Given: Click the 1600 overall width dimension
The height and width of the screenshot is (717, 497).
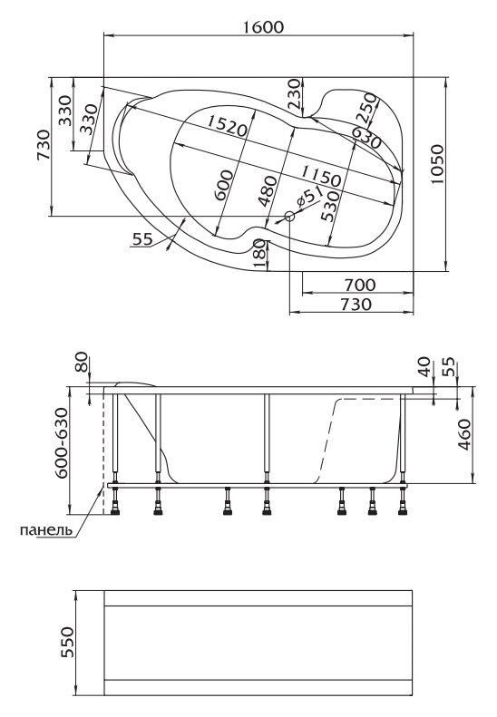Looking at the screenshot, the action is [263, 26].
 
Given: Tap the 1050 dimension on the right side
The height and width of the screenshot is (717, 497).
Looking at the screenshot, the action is [437, 164].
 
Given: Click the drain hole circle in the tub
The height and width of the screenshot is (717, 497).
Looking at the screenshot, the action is [289, 217].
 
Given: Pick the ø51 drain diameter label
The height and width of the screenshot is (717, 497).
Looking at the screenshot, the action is [309, 199].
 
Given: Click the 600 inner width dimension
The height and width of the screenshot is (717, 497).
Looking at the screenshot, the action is [223, 184].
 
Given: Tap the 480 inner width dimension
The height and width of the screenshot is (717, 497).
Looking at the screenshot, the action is [268, 190].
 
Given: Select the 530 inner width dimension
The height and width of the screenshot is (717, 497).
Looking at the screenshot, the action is [330, 206].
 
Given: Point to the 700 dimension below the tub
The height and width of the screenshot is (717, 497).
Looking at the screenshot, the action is [360, 285].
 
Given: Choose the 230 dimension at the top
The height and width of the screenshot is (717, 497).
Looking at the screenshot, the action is [295, 93].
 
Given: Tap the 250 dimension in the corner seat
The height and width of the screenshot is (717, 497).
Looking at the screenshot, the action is [366, 109].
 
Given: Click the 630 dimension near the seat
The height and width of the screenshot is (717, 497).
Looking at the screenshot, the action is [366, 138].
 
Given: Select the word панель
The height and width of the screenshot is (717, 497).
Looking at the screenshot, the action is [46, 530].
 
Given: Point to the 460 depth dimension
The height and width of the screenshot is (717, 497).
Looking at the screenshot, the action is [464, 435].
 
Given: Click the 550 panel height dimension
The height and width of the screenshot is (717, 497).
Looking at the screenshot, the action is [67, 642].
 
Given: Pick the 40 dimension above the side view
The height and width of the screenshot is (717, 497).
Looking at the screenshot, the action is [424, 367].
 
